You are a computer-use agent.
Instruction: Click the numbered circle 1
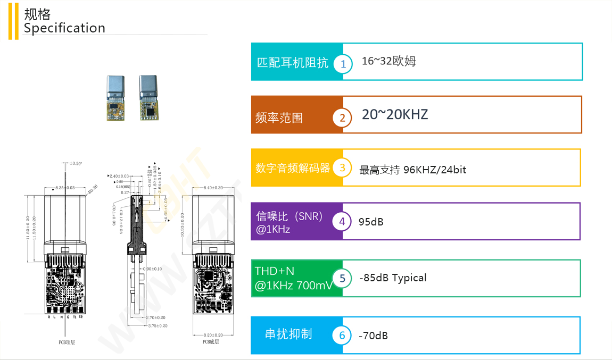tap(343, 64)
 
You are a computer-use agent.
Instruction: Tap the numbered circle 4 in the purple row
tap(342, 222)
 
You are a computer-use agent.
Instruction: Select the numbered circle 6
tap(342, 336)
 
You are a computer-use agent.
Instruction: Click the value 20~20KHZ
tap(395, 114)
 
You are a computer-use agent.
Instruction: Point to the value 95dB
tap(371, 222)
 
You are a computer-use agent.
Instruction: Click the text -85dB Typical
tap(393, 278)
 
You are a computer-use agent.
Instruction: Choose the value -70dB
tap(373, 336)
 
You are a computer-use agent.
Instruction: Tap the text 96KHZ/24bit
tap(435, 170)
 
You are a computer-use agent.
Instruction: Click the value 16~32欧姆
tap(388, 61)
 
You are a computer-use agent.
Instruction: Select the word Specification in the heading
tap(64, 28)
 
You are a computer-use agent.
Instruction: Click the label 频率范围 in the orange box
tap(279, 118)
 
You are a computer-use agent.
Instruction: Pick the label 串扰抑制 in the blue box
tap(288, 334)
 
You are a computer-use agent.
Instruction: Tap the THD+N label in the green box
tap(274, 271)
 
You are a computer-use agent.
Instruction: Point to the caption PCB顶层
tap(67, 342)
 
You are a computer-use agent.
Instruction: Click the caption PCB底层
tap(211, 341)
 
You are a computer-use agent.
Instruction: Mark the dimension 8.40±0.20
tap(213, 188)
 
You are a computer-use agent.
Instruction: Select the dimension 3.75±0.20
tap(158, 325)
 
